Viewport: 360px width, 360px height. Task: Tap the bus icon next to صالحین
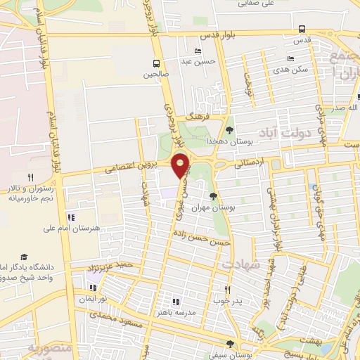[x=157, y=62]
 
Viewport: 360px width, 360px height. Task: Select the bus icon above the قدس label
[x=302, y=30]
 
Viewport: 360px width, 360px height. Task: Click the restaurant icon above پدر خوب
[x=227, y=290]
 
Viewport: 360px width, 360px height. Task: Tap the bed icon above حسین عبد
[x=197, y=51]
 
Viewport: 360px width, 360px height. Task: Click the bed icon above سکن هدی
[x=290, y=59]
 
